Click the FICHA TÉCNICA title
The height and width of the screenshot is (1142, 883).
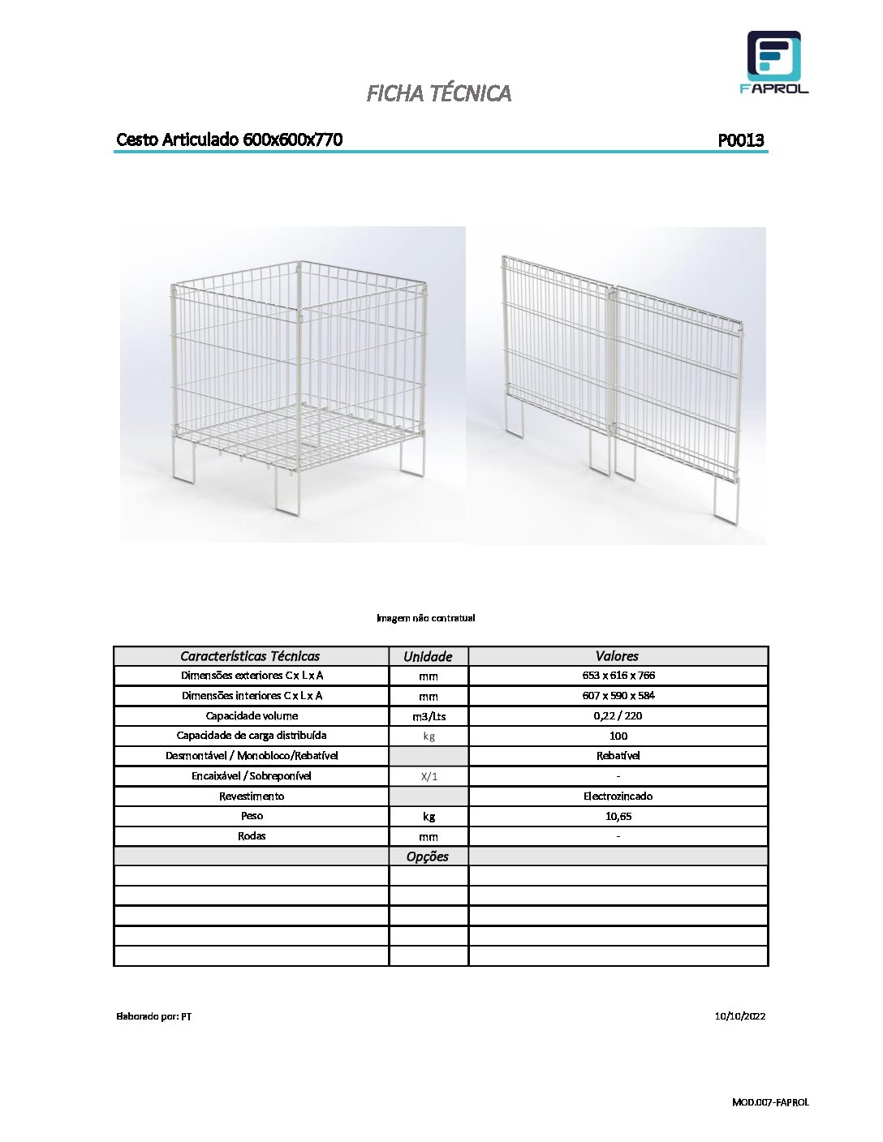tap(438, 93)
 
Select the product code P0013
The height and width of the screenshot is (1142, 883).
tap(740, 140)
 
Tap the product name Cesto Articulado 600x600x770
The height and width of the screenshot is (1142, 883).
tap(229, 140)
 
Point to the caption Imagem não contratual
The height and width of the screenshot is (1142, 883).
tap(425, 618)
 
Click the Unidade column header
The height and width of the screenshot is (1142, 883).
tap(428, 656)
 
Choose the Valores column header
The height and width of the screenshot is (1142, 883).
tap(617, 656)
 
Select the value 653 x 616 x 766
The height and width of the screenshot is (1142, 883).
tap(618, 676)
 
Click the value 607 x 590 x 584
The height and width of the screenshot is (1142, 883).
tap(618, 696)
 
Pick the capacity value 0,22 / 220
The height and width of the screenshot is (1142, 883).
tap(618, 716)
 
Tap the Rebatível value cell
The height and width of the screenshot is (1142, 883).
tap(618, 756)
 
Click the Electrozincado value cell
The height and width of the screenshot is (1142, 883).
tap(618, 796)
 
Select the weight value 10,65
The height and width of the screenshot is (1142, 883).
tap(618, 817)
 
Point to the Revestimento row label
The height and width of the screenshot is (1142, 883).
tap(252, 796)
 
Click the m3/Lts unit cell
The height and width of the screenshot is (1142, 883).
tap(429, 716)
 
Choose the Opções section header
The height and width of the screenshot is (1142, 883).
tap(428, 856)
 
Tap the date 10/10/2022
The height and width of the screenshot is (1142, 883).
tap(739, 1016)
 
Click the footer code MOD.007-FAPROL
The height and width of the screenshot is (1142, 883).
tap(770, 1102)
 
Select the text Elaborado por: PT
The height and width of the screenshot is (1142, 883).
tap(154, 1016)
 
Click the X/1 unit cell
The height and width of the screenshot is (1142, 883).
tap(429, 776)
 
